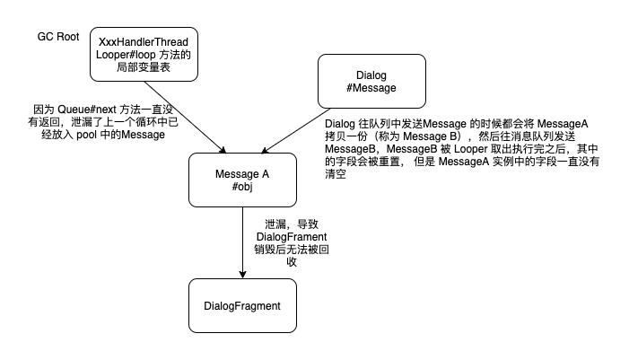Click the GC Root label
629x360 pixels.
[57, 36]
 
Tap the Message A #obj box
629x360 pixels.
[242, 180]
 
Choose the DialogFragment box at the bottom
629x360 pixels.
[242, 306]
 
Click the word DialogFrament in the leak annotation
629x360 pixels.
[291, 235]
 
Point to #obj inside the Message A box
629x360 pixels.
[242, 187]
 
